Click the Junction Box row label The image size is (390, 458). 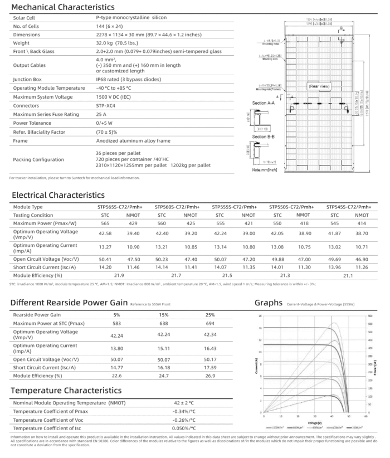click(x=27, y=79)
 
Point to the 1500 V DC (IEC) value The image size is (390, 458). click(x=116, y=97)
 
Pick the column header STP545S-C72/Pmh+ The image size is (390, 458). click(x=352, y=207)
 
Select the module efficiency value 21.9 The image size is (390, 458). click(x=118, y=275)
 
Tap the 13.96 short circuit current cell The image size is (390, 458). click(x=341, y=267)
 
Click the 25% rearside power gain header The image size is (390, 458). click(x=210, y=315)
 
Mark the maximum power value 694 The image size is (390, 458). click(x=210, y=323)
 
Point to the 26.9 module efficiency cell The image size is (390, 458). click(x=210, y=375)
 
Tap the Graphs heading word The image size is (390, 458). click(x=269, y=303)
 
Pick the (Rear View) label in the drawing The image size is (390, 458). click(x=320, y=87)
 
